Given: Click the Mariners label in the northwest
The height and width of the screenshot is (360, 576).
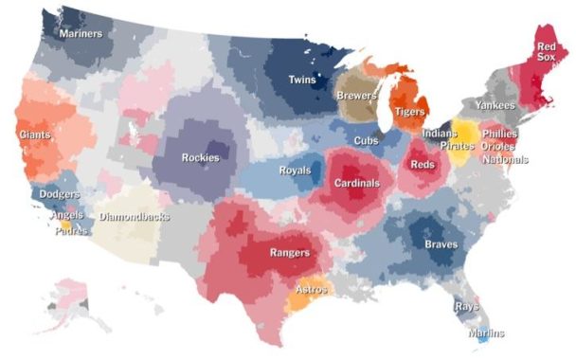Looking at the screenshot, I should click(81, 33).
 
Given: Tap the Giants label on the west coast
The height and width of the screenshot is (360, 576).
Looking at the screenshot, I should click(34, 135).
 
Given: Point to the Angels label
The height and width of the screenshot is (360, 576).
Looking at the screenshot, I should click(66, 216).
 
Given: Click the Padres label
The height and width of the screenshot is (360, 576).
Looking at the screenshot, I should click(71, 230).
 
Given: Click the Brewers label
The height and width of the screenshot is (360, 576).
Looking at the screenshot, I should click(356, 96).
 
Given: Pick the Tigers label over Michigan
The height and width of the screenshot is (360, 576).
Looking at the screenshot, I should click(409, 112).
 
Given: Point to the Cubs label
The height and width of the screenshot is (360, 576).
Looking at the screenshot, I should click(367, 141).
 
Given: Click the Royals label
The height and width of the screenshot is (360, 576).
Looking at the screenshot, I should click(295, 171).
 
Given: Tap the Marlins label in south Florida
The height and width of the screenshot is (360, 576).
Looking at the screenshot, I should click(486, 333).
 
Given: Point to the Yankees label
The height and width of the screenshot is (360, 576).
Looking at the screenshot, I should click(495, 105).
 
